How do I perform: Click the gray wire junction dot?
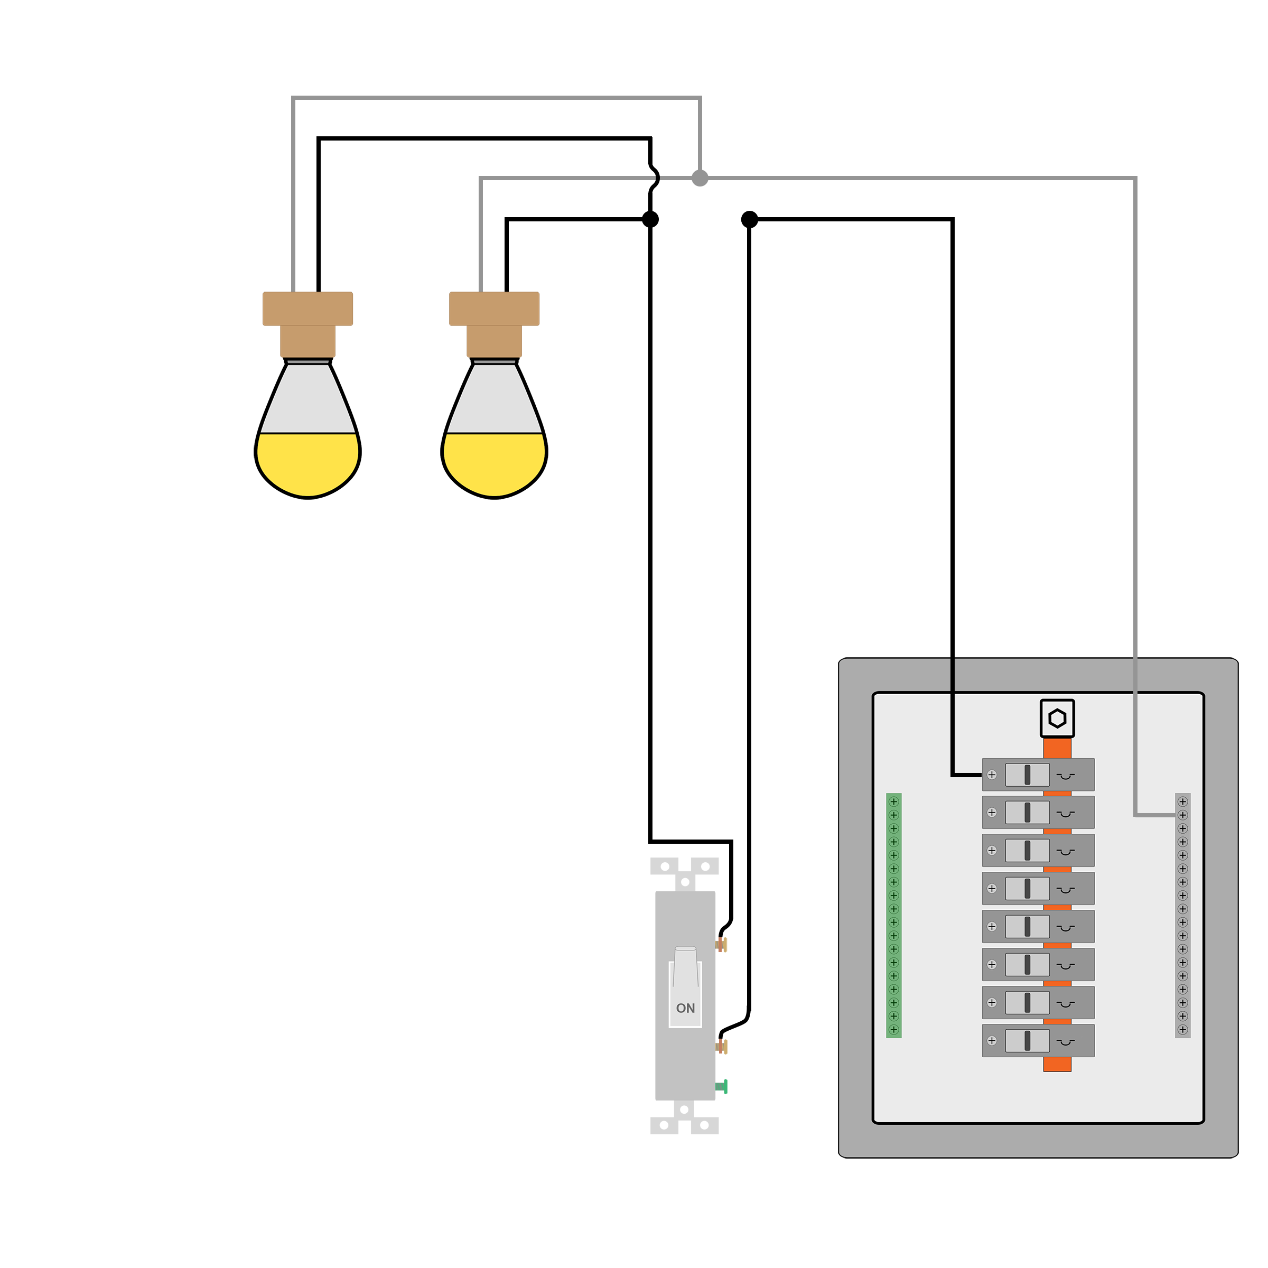[700, 178]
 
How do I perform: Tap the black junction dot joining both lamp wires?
[650, 219]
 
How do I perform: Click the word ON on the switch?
[685, 1008]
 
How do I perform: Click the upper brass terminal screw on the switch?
[721, 945]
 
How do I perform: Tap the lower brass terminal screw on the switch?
[721, 1047]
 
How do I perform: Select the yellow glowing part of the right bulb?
[493, 463]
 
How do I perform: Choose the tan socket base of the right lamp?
[493, 324]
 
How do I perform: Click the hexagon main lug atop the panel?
[1057, 718]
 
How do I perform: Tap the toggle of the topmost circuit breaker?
[1027, 775]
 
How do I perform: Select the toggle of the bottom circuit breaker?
[1027, 1040]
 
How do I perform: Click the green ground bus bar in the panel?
[893, 916]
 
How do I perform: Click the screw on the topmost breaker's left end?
[992, 775]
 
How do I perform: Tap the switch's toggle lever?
[685, 966]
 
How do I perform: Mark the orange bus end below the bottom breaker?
[1057, 1064]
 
